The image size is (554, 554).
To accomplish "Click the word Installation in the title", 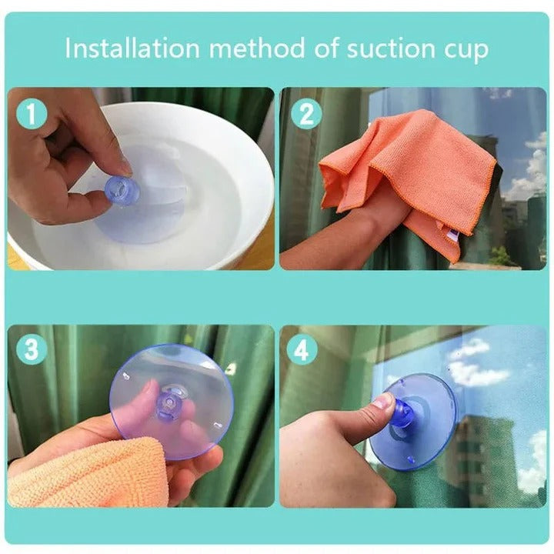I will click(x=132, y=48).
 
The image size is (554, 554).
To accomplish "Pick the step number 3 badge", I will click(x=32, y=349).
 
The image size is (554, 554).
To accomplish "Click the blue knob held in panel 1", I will click(x=118, y=188).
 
